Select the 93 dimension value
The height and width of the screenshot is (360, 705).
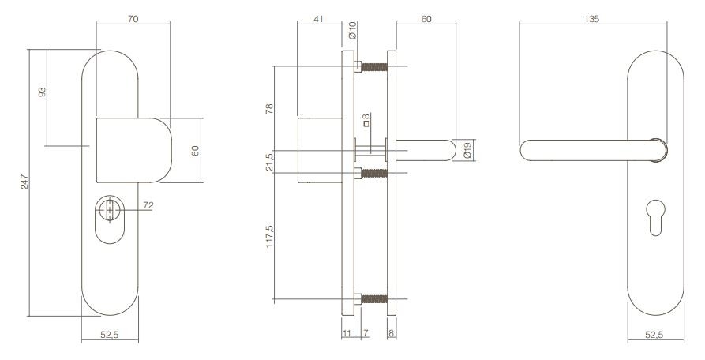[x=42, y=92]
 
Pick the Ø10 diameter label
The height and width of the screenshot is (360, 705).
[x=353, y=32]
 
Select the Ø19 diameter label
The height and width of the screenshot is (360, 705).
[x=467, y=150]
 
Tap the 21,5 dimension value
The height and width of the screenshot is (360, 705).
[x=268, y=161]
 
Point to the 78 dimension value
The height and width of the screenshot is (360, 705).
[x=268, y=108]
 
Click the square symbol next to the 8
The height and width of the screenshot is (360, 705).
[x=366, y=124]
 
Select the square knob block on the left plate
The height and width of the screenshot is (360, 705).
[x=132, y=150]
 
